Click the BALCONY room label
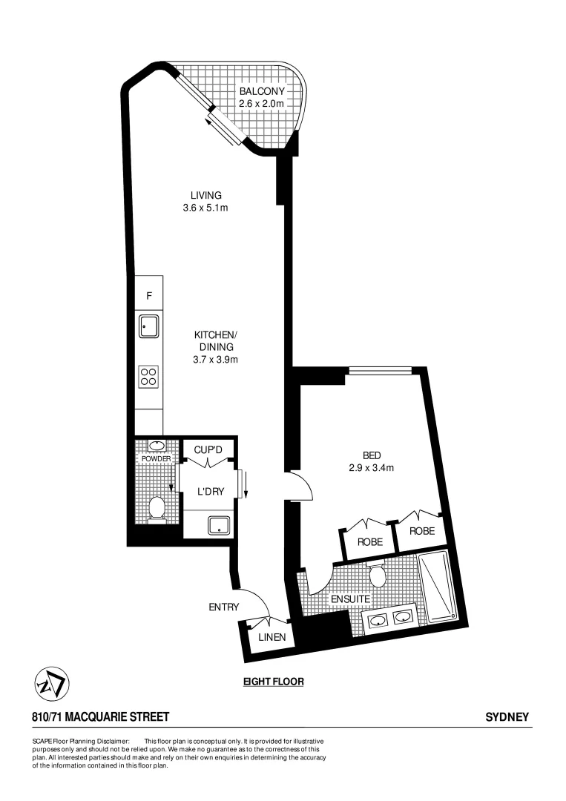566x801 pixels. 261,92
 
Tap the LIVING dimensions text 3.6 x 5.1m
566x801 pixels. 205,208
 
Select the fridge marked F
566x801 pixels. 149,296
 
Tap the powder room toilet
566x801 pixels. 157,509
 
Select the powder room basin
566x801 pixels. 157,446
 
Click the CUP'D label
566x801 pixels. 208,449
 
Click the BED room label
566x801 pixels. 371,455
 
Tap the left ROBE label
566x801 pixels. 370,542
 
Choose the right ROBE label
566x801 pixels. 421,531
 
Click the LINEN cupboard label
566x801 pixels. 272,637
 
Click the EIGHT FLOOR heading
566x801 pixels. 274,682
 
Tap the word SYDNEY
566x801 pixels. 507,717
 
